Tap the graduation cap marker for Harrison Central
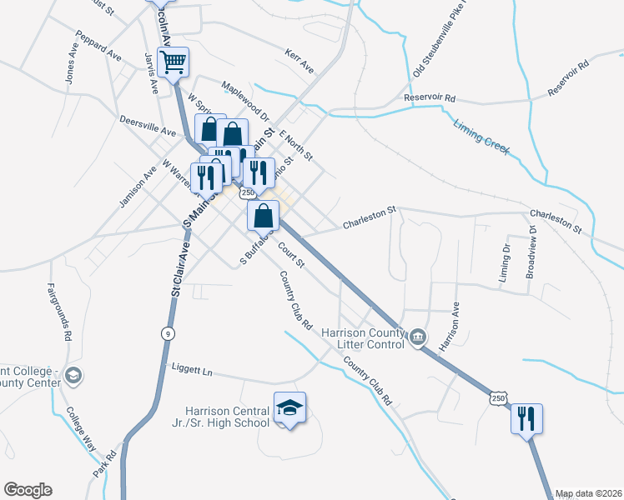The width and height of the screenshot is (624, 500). coord(289,408)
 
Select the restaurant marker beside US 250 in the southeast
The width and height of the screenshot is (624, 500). coord(526,418)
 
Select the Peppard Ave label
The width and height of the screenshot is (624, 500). coord(98,46)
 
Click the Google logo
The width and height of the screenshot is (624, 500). coord(28,490)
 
